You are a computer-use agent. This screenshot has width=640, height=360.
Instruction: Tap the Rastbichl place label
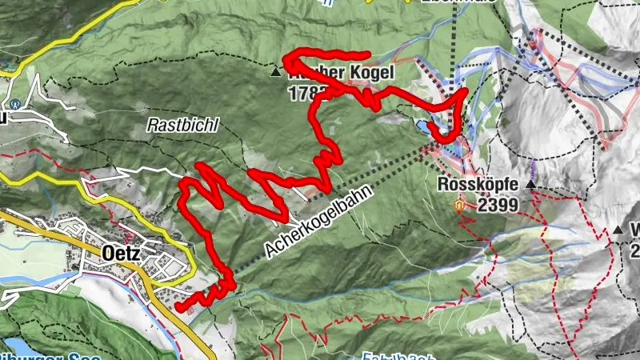[172, 126]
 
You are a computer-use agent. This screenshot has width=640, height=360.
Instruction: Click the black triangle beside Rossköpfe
[530, 185]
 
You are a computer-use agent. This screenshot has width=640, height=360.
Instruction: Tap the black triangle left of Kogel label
[276, 73]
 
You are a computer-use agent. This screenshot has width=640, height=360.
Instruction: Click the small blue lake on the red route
[422, 126]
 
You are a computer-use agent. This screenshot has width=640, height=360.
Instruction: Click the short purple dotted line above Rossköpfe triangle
[533, 170]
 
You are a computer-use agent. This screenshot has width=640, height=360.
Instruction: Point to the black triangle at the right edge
[618, 231]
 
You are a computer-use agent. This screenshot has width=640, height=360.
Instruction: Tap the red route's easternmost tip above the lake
[465, 92]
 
